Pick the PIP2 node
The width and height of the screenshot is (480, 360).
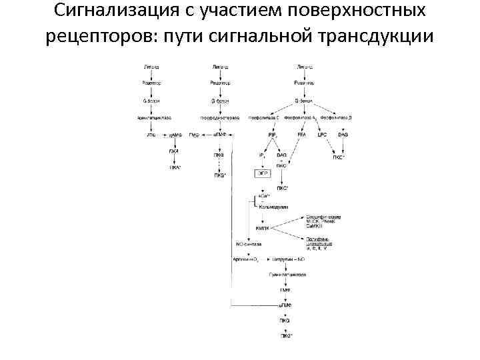pos(272,135)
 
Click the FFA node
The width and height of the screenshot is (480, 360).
pos(301,135)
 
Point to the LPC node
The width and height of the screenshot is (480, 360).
pos(321,135)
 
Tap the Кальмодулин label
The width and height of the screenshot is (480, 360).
pos(273,207)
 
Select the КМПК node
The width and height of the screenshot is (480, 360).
pos(262,228)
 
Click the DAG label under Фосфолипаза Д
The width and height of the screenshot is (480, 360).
pos(343,135)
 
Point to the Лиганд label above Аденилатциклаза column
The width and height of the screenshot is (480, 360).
pos(151,68)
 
